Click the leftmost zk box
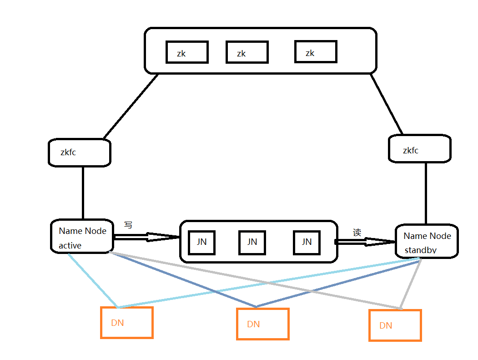187,52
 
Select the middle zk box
247,52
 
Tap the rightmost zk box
316,52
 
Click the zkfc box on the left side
80,152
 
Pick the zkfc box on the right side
419,148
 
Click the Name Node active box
82,236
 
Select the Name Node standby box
427,241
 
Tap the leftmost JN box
201,243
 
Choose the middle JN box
252,243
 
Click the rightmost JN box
307,242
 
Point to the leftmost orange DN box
126,323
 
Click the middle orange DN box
262,324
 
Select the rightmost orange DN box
395,325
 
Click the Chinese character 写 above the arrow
128,225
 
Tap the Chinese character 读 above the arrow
357,233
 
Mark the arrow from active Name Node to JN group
146,237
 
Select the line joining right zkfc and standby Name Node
426,193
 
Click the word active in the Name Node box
70,246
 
